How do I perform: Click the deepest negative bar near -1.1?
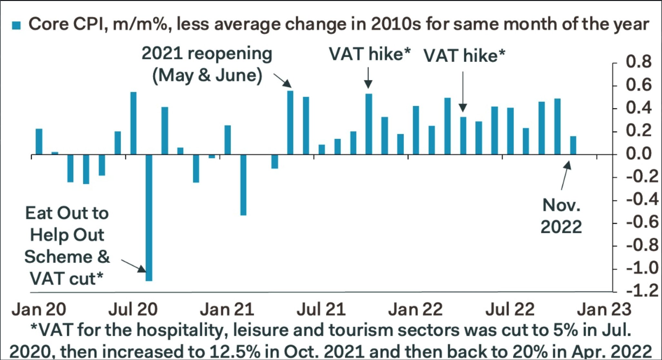coord(149,218)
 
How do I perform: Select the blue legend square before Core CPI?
coord(16,25)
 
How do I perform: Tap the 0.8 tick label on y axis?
coord(638,62)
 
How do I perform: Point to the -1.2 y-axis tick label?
coord(642,291)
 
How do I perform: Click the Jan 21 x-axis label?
coord(227,309)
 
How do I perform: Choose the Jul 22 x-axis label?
coord(510,309)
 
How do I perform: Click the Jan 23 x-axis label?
coord(604,309)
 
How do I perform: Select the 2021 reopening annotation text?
coord(207,65)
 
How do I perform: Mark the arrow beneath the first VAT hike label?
coord(368,78)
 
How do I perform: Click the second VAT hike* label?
coord(464,56)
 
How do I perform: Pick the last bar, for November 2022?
coord(573,145)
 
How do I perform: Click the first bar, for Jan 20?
coord(39,142)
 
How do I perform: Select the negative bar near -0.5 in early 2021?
coord(243,185)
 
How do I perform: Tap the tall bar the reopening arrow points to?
coord(290,123)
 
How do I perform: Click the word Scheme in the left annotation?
coord(58,257)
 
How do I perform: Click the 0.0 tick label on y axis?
coord(638,154)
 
